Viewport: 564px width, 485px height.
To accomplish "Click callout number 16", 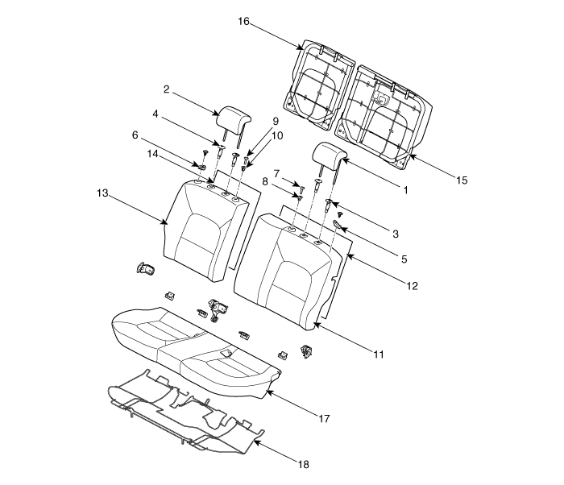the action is coord(243,22).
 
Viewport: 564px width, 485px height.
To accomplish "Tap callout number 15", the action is coord(462,180).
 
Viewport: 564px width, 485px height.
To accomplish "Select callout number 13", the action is coord(102,193).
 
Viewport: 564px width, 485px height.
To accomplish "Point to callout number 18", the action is coord(304,465).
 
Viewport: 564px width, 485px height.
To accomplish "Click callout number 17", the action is coord(324,418).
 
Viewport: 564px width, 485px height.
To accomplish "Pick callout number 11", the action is coord(379,354).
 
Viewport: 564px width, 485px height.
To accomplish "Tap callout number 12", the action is coord(413,286).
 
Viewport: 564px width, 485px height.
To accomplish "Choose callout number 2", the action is coord(166,89).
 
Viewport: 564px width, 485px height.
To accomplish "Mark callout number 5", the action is coord(404,259).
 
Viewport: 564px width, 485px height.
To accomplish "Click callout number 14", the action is coord(152,154).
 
